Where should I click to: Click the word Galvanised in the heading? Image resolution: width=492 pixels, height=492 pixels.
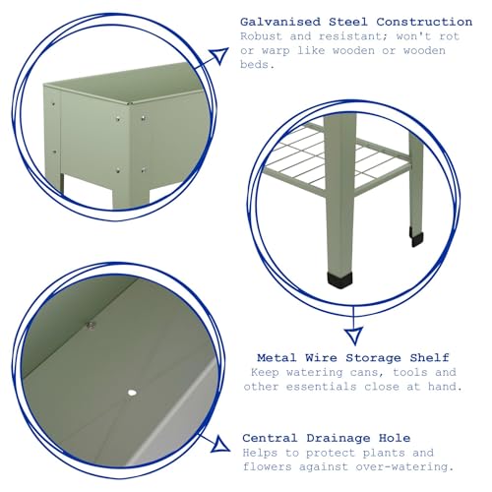point(280,22)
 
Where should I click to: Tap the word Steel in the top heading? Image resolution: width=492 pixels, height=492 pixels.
point(348,22)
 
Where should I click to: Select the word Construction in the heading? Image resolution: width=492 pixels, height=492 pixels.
point(424,22)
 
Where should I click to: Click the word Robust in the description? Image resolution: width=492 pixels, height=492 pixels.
point(261,36)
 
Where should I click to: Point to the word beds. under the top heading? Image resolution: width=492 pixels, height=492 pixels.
point(257,64)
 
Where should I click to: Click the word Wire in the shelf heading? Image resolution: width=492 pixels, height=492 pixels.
point(321,357)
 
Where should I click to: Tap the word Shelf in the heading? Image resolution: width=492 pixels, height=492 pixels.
point(429,357)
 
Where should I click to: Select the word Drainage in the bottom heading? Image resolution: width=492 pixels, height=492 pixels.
point(338,438)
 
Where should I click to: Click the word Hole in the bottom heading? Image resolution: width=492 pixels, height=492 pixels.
point(395,438)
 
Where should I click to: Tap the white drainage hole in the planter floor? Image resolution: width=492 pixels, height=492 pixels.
point(132,393)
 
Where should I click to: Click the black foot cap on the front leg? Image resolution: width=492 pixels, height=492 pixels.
point(339,279)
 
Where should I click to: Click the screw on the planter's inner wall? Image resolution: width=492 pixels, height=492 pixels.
point(91,325)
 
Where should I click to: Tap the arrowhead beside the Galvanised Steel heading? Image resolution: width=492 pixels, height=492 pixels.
point(219,56)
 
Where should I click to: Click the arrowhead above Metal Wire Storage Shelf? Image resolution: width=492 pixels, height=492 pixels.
point(354,336)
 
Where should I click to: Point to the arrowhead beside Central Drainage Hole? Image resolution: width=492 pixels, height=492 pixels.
point(220,444)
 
